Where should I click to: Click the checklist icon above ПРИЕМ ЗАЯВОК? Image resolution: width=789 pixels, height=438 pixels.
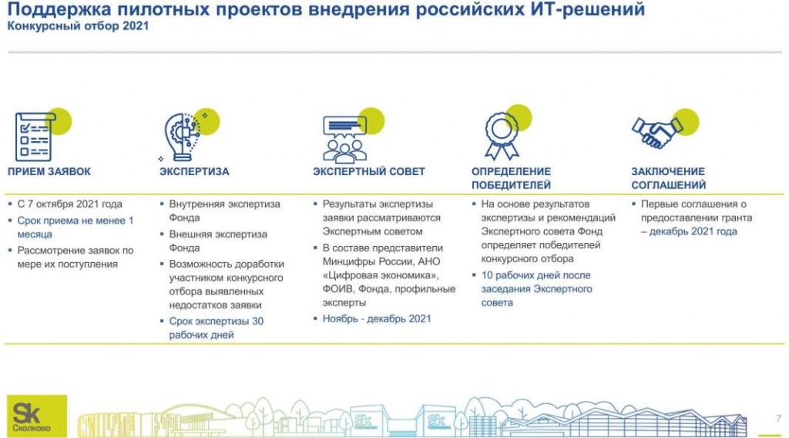(x=34, y=136)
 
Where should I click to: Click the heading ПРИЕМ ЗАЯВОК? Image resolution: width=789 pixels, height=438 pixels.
(x=49, y=171)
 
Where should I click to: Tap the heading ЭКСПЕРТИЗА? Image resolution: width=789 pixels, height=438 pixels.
(x=194, y=171)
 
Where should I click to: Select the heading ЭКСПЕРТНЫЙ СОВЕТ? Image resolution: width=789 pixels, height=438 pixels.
(x=368, y=171)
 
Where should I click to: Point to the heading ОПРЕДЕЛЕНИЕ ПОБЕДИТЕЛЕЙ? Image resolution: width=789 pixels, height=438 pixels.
(x=511, y=178)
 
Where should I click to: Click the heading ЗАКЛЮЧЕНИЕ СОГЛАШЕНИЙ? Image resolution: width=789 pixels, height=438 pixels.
(x=669, y=178)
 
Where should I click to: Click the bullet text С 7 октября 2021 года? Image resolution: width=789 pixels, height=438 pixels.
(x=69, y=204)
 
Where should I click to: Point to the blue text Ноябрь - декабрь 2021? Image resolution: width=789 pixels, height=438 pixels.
(x=377, y=318)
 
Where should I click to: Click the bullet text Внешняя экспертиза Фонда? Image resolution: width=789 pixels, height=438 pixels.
(x=218, y=241)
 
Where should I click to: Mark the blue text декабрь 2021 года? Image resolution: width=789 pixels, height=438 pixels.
(x=693, y=231)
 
